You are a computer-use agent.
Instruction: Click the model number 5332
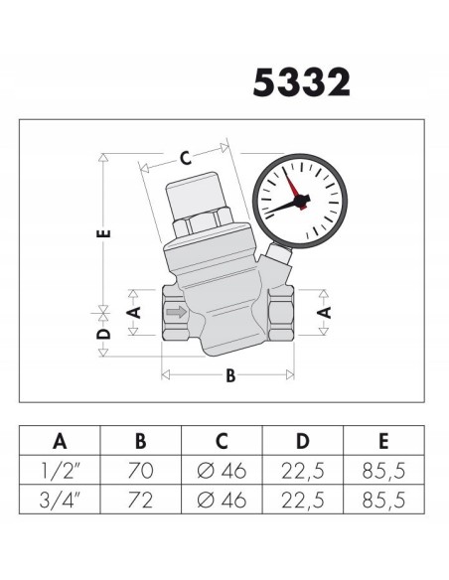pyautogui.click(x=301, y=82)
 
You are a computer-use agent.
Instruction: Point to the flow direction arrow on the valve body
pyautogui.click(x=175, y=314)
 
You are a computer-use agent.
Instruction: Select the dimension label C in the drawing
pyautogui.click(x=185, y=156)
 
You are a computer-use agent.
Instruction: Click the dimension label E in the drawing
pyautogui.click(x=104, y=234)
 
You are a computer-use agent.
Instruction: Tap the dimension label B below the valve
pyautogui.click(x=230, y=375)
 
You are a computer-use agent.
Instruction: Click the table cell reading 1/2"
pyautogui.click(x=61, y=469)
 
